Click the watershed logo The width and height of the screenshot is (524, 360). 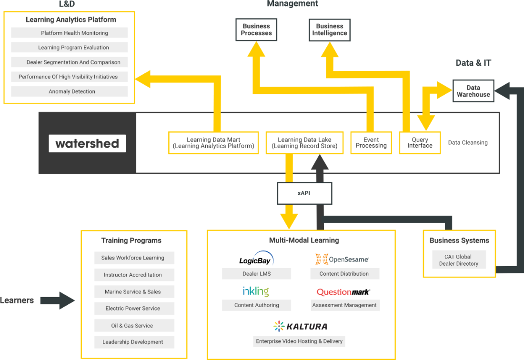coord(87,143)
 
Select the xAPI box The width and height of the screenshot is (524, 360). coord(304,194)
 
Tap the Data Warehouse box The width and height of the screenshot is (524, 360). coord(473,91)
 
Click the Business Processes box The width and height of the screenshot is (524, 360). coord(256,30)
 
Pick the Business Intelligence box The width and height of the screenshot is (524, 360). coord(330,30)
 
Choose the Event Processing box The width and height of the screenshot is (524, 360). coord(371,143)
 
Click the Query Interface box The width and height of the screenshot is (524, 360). coord(420,143)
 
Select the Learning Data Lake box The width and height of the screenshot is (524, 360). coord(304,143)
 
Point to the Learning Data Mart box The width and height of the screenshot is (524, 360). coord(213,143)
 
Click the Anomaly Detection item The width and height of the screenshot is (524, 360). coord(70,91)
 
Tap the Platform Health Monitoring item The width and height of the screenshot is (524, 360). coord(70,33)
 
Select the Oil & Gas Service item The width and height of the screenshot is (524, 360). coord(132,326)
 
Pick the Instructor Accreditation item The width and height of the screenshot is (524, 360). coord(132,275)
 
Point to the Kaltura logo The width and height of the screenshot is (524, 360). coord(300,326)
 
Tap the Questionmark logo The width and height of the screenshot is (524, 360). coord(343,292)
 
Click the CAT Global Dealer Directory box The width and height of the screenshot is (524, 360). coord(458,260)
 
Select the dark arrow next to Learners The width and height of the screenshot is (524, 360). coord(58,301)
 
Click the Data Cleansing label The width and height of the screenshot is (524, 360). coord(468,142)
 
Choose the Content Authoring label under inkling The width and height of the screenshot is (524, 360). coord(256,305)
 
